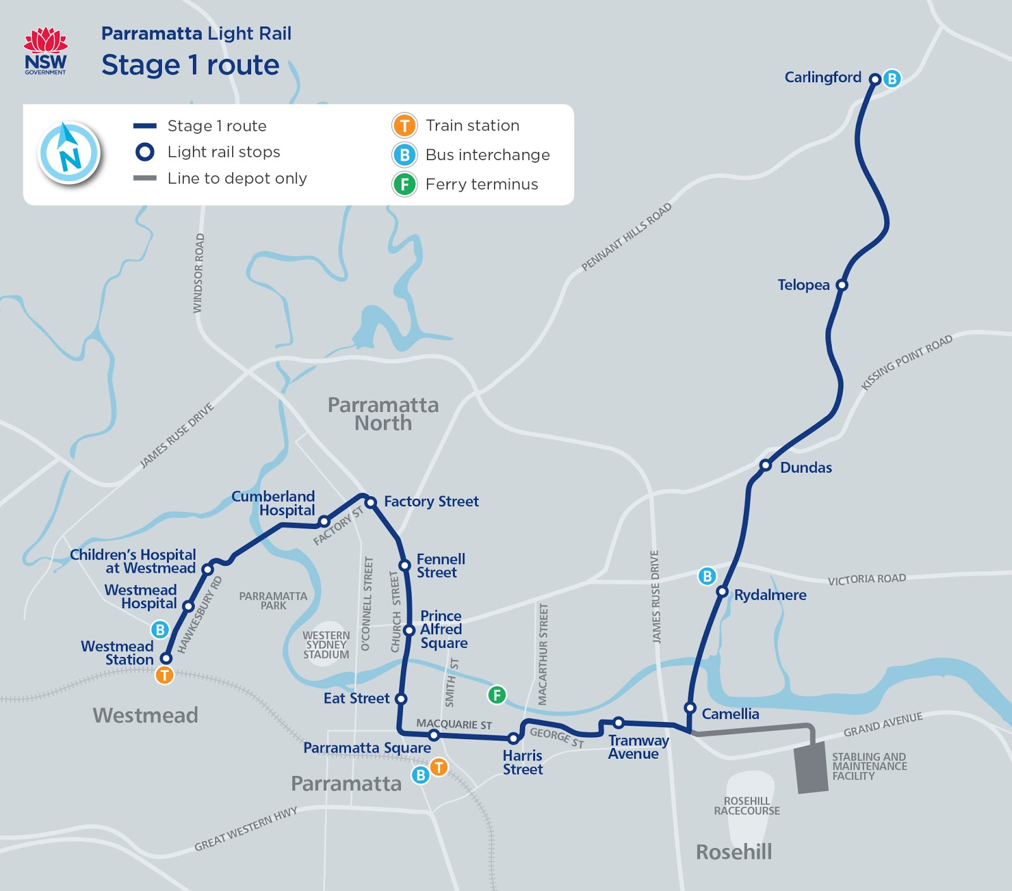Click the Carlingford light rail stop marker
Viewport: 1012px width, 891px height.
tap(875, 79)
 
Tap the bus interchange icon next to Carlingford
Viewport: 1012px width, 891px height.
tap(892, 78)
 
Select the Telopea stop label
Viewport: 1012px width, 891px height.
tap(803, 285)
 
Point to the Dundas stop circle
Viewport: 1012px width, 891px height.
tap(765, 466)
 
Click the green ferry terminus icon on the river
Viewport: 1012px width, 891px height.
tap(497, 694)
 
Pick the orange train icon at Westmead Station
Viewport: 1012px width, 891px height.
tap(164, 675)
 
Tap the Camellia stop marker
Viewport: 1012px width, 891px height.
tap(690, 707)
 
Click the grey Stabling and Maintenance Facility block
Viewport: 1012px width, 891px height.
tap(811, 768)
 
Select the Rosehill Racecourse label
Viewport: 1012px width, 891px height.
tap(746, 806)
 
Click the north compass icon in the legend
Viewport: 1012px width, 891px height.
tap(69, 153)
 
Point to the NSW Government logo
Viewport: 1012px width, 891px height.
tap(46, 51)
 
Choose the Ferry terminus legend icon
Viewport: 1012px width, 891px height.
tap(404, 184)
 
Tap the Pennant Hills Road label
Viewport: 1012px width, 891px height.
tap(626, 237)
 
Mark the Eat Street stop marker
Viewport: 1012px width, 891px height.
tap(400, 699)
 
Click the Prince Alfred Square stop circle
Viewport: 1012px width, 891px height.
tap(409, 630)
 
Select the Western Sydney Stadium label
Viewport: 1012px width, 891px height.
tap(326, 645)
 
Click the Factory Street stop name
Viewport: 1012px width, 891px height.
tap(431, 501)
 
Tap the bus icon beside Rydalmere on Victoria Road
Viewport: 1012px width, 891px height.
tap(707, 576)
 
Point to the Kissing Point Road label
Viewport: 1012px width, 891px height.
tap(906, 363)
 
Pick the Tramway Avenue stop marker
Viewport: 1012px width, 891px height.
tap(619, 723)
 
